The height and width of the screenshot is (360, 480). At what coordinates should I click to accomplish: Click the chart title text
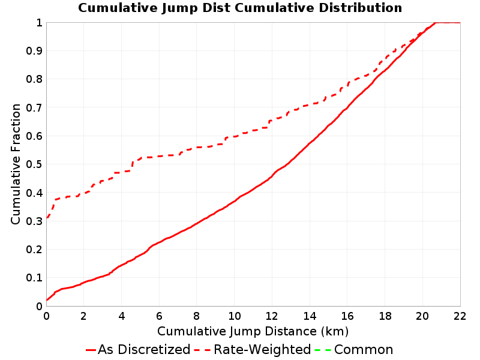pyautogui.click(x=240, y=8)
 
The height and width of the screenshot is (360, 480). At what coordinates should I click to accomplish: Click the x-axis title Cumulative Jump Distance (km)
pyautogui.click(x=253, y=331)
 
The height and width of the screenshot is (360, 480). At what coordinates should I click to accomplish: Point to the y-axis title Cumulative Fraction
pyautogui.click(x=16, y=164)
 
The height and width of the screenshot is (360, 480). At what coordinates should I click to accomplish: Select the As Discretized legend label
pyautogui.click(x=144, y=349)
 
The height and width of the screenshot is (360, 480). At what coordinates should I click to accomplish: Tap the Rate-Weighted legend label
pyautogui.click(x=262, y=349)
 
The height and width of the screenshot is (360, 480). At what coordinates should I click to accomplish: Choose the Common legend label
pyautogui.click(x=364, y=349)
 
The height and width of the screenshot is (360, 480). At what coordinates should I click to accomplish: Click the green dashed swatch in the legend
pyautogui.click(x=323, y=350)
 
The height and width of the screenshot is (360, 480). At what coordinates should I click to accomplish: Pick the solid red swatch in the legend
pyautogui.click(x=91, y=350)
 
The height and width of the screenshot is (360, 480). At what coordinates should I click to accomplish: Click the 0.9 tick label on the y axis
pyautogui.click(x=34, y=51)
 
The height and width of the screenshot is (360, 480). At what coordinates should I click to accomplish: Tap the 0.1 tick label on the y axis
pyautogui.click(x=34, y=278)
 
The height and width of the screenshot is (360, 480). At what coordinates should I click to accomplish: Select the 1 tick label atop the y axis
pyautogui.click(x=39, y=23)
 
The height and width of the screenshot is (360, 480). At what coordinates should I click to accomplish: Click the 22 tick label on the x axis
pyautogui.click(x=460, y=316)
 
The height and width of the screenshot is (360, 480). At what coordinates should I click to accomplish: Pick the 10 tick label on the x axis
pyautogui.click(x=234, y=316)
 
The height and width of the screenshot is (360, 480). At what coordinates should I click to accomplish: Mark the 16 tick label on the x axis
pyautogui.click(x=347, y=316)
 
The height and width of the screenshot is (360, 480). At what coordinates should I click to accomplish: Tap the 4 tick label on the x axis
pyautogui.click(x=122, y=316)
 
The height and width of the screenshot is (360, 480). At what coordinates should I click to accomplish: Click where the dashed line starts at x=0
pyautogui.click(x=47, y=218)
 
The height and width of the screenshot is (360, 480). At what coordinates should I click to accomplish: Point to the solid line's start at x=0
pyautogui.click(x=47, y=299)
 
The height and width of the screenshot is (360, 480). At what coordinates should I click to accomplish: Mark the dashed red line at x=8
pyautogui.click(x=197, y=147)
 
